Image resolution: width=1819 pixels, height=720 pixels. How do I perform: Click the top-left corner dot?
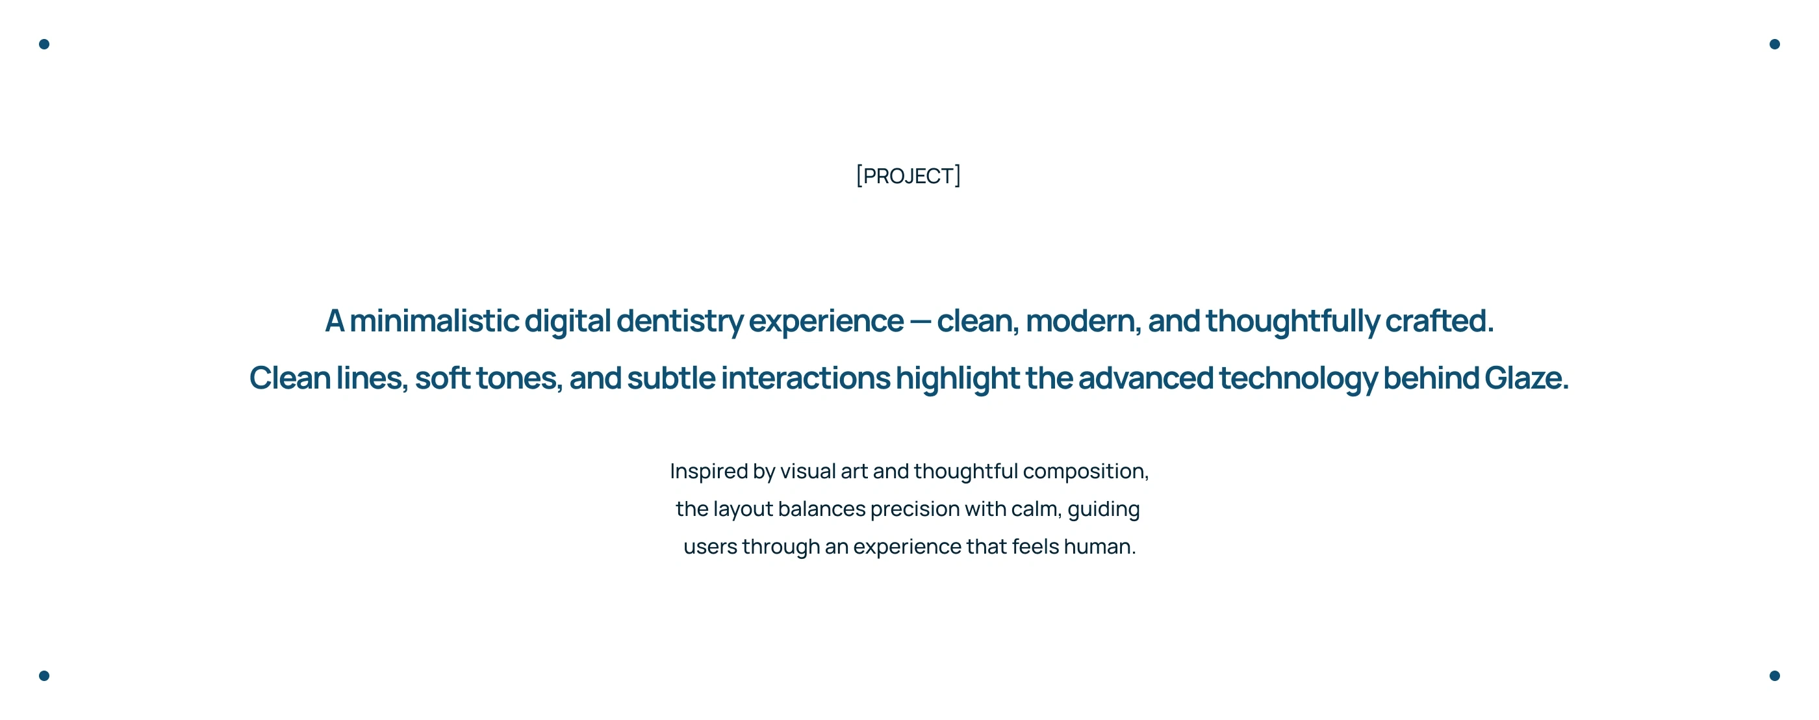(x=44, y=44)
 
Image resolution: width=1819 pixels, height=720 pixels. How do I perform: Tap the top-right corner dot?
(x=1775, y=44)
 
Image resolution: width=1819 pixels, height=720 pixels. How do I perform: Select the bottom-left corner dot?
(x=44, y=675)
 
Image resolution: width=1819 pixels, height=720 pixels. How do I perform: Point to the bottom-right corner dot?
(x=1775, y=675)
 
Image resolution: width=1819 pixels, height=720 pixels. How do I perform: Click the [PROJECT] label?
(x=908, y=175)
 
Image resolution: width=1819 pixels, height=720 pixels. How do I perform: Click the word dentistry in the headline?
(x=680, y=322)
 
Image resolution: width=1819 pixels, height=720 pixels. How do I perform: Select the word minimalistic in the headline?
(x=434, y=321)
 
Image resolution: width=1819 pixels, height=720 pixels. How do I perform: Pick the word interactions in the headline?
(x=806, y=378)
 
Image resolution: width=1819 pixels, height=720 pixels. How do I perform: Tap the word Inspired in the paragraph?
(x=709, y=471)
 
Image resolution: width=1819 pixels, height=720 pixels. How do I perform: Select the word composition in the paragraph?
(x=1086, y=471)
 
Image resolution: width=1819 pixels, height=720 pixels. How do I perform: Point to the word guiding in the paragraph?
(x=1104, y=509)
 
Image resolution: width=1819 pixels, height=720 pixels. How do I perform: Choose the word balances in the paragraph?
(x=822, y=509)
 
